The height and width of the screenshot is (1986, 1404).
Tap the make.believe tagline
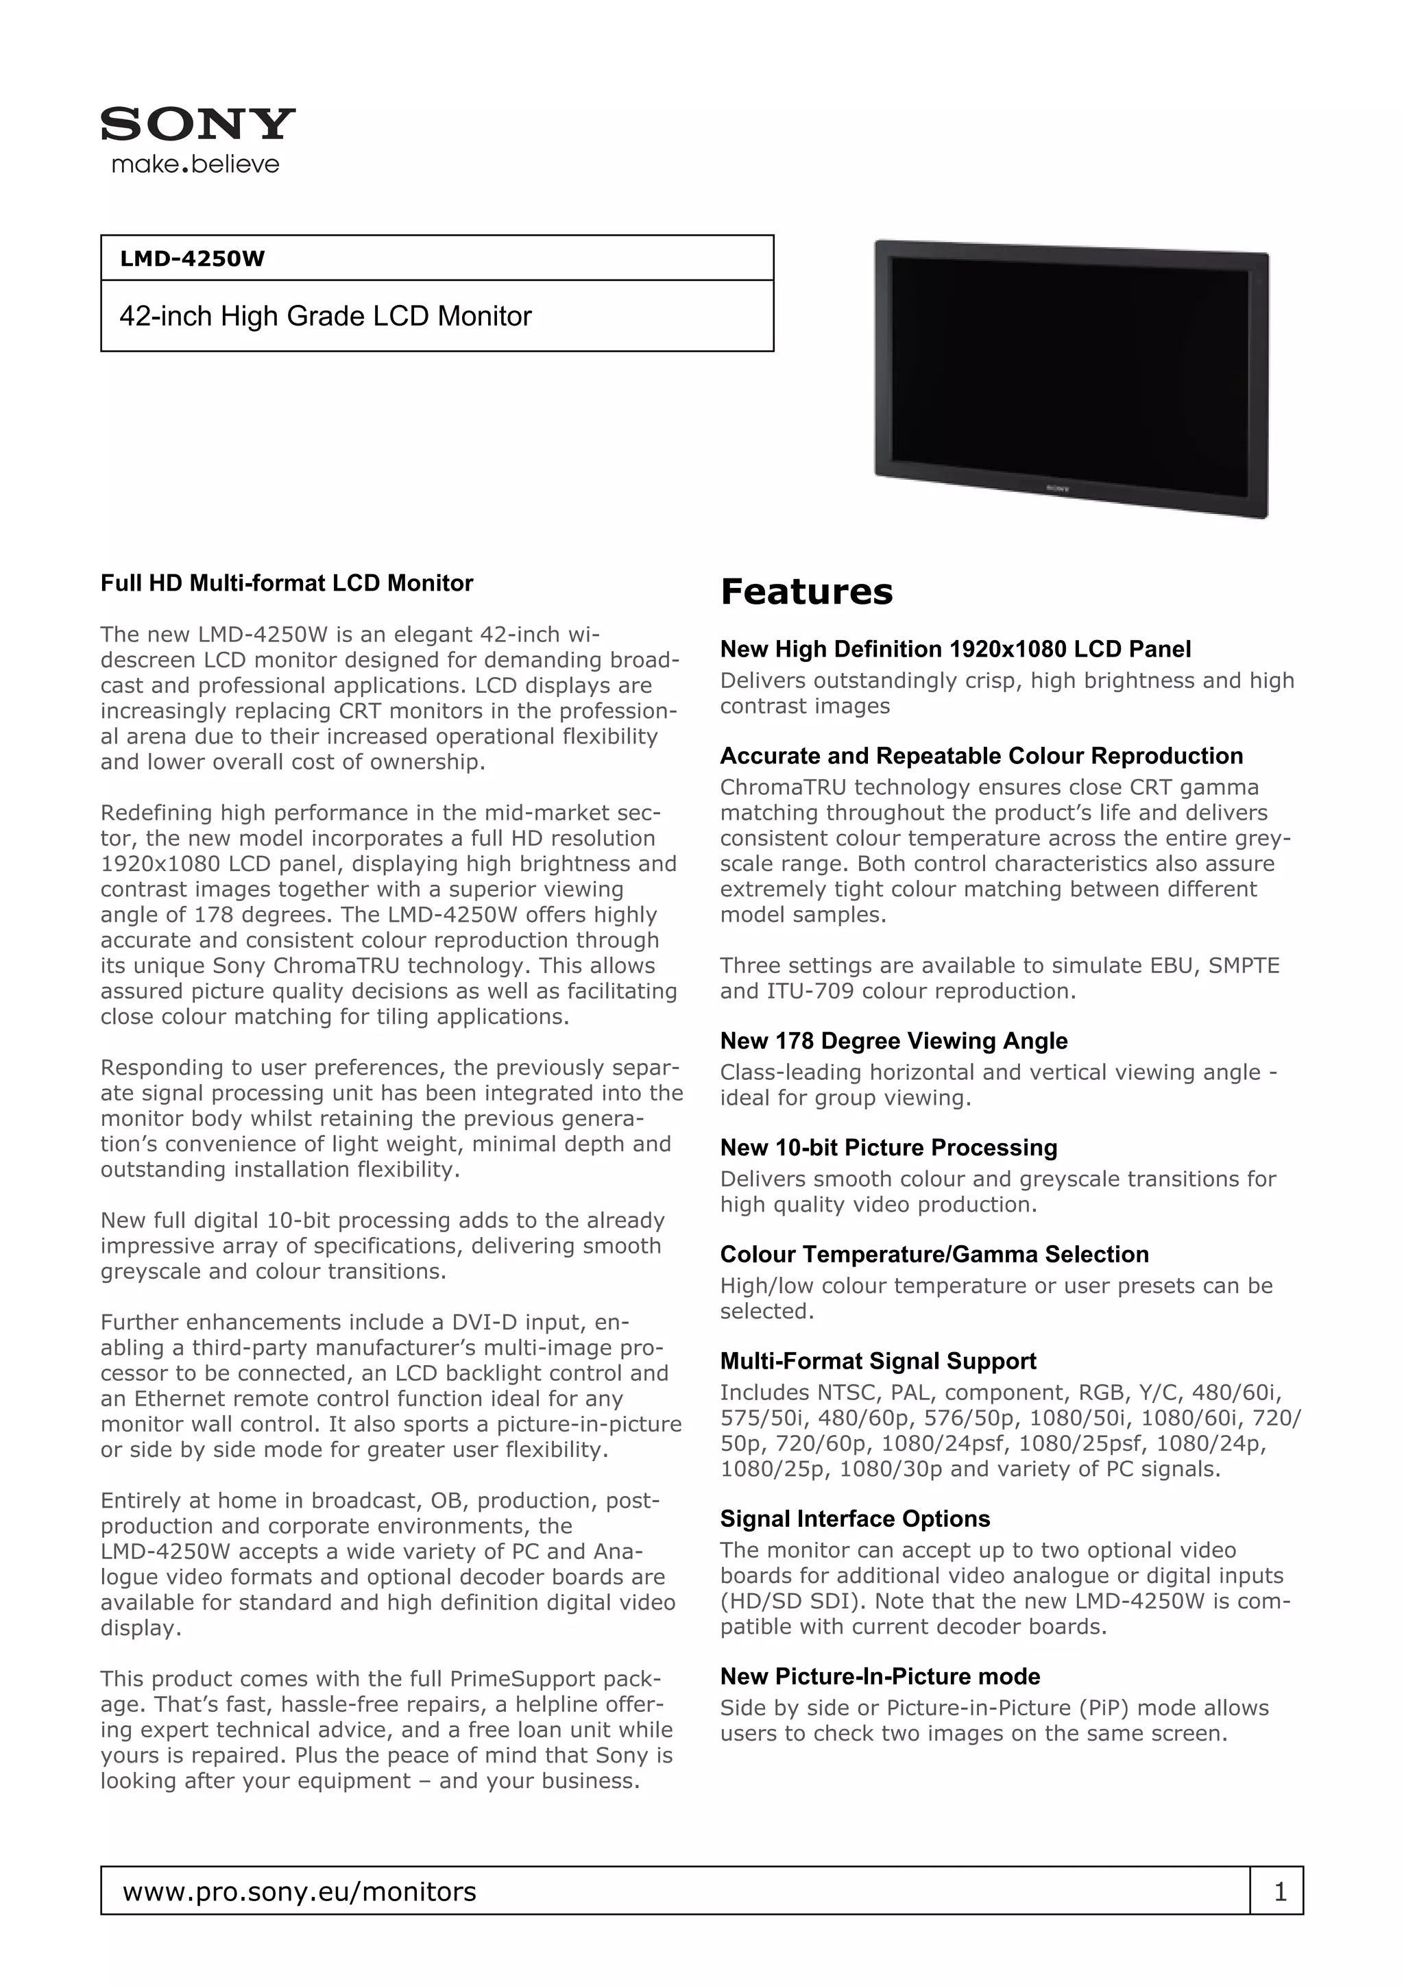(195, 164)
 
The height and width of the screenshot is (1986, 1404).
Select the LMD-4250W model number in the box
(192, 258)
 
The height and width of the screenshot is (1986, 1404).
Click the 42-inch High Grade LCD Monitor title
(325, 317)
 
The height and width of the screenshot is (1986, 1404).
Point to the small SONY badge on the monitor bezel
(1058, 488)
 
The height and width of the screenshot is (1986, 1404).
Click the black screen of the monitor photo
(1069, 372)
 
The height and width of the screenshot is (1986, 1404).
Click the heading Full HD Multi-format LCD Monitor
(287, 583)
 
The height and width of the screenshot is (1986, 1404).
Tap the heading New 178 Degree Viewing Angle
(894, 1040)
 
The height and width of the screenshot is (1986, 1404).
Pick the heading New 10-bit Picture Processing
(888, 1147)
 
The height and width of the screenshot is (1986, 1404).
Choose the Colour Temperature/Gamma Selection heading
(934, 1254)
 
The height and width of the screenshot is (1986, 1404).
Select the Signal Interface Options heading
(855, 1519)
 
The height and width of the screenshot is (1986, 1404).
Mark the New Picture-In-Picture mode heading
(880, 1676)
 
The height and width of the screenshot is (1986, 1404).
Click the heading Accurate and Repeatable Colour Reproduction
(981, 756)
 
